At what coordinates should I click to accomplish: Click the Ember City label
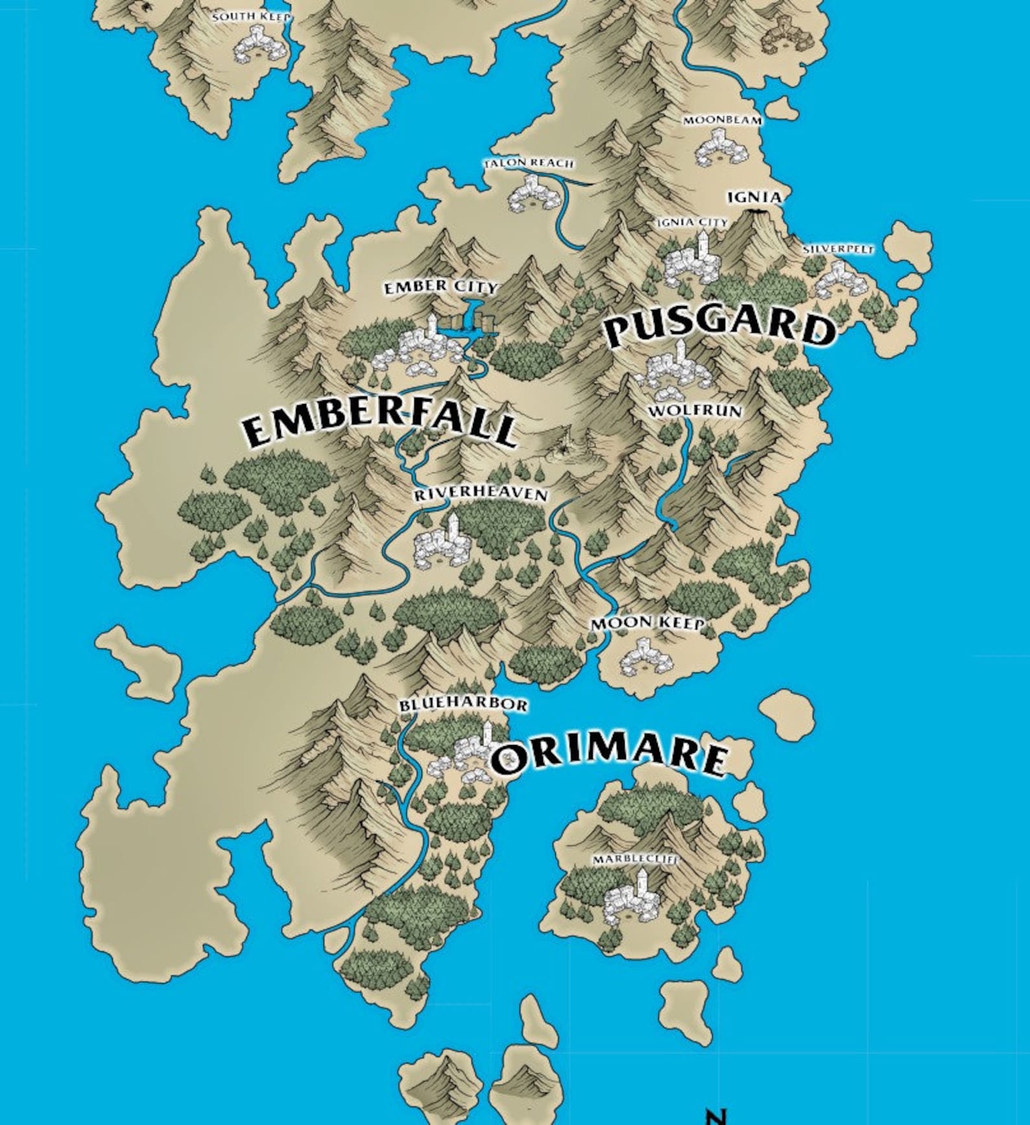[x=440, y=287]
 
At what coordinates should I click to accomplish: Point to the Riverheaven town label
[x=481, y=494]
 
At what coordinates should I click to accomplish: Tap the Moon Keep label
[x=647, y=623]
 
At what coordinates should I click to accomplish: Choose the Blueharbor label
[x=463, y=704]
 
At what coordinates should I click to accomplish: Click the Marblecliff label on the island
[x=635, y=859]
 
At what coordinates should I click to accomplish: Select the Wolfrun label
[x=695, y=411]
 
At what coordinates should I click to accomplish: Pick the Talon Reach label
[x=529, y=163]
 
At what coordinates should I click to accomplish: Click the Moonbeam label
[x=722, y=121]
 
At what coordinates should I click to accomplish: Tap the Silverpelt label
[x=838, y=249]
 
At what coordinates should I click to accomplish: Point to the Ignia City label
[x=692, y=222]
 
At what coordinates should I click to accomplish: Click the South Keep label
[x=251, y=17]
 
